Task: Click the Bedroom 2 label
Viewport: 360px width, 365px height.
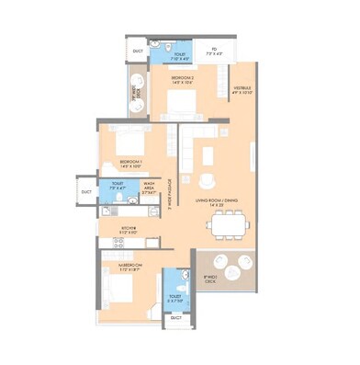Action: (x=181, y=80)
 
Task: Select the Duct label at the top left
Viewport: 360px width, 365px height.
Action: (x=137, y=51)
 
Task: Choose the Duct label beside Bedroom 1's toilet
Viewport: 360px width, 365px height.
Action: (x=85, y=191)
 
